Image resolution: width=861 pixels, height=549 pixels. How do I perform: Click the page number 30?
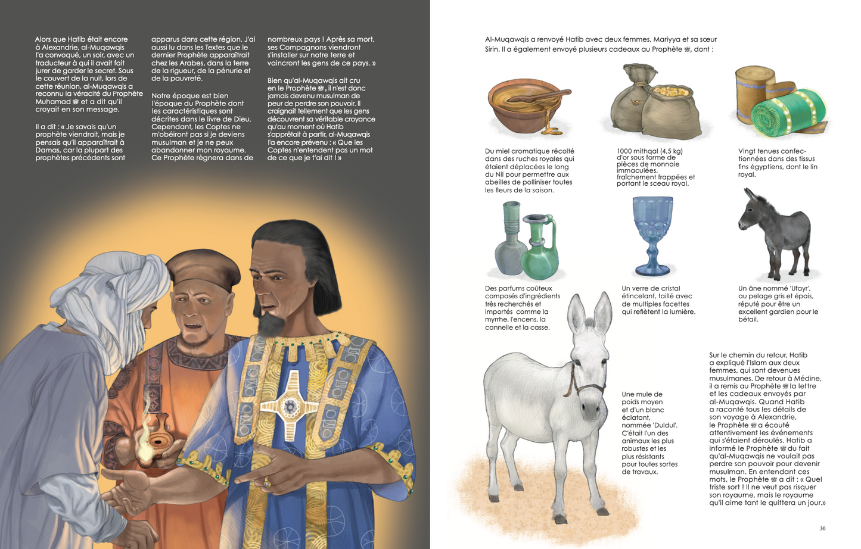(x=823, y=528)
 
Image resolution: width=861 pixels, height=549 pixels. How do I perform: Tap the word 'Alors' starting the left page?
(x=43, y=39)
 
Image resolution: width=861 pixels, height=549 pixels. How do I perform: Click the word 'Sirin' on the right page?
(x=493, y=49)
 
